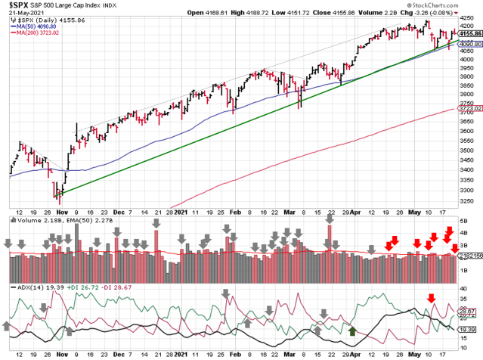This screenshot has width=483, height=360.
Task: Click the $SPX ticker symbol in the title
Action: click(x=17, y=5)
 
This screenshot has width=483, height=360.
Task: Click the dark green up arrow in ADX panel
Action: click(x=352, y=331)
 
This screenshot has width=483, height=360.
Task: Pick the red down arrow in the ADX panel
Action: click(x=432, y=298)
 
